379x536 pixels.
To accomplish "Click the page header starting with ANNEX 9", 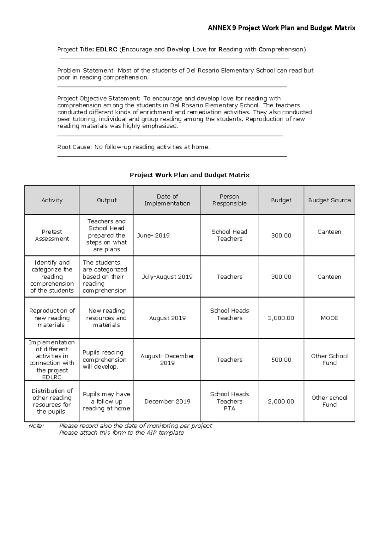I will [281, 28].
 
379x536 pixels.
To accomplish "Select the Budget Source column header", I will [329, 200].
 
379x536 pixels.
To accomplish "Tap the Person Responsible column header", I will [229, 200].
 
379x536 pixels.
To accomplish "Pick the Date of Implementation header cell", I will [167, 200].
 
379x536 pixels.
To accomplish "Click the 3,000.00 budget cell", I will [281, 318].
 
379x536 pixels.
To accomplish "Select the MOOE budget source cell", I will [329, 318].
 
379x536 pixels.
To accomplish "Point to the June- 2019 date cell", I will [153, 235].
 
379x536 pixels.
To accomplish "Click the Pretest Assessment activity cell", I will [52, 235].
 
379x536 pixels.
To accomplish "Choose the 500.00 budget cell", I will [281, 360].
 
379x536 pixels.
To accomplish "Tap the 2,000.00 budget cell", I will [281, 402].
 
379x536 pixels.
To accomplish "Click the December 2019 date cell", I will [167, 402].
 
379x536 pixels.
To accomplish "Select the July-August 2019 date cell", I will [167, 277].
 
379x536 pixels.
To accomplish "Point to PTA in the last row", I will [229, 408].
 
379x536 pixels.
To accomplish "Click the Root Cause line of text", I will [133, 147].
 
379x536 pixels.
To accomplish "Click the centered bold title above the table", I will [189, 175].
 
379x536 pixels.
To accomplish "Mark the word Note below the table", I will [36, 426].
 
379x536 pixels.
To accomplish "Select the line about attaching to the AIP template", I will [122, 433].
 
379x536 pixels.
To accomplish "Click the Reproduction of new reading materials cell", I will [52, 318].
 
